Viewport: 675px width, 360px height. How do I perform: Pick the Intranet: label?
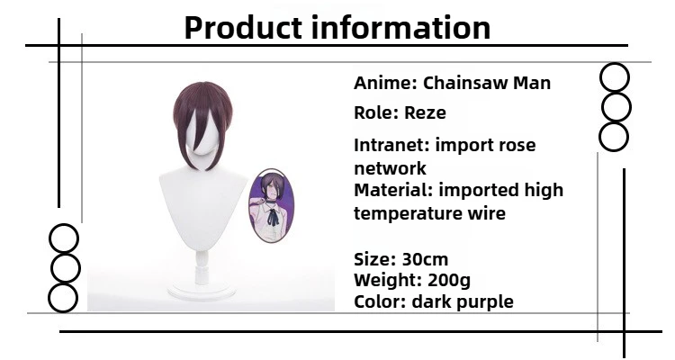[391, 145]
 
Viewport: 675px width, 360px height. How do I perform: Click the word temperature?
[407, 214]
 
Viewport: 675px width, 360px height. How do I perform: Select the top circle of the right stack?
[615, 78]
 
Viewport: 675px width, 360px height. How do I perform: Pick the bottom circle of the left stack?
[63, 298]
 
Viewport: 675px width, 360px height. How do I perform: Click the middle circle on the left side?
[63, 268]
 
